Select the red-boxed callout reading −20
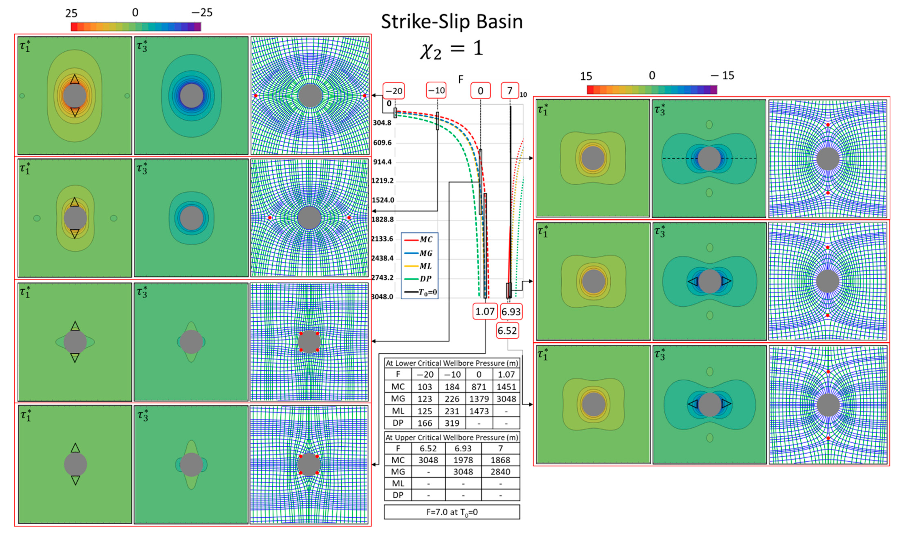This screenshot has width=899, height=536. coord(394,91)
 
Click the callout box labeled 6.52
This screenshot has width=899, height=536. coord(507,330)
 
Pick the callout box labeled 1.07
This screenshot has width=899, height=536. coord(484,311)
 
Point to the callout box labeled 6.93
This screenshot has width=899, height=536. coord(511,311)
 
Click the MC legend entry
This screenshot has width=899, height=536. coord(419,239)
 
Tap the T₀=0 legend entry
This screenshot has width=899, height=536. coord(419,292)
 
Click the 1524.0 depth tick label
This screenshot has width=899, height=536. coord(383,200)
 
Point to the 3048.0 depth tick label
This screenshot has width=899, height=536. coord(382,297)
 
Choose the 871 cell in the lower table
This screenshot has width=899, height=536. coord(479,387)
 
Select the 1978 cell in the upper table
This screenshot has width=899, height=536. coord(463,460)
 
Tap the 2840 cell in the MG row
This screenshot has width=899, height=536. coord(500,472)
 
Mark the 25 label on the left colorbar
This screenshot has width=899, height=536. coord(71,13)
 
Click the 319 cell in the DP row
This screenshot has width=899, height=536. coord(452,423)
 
